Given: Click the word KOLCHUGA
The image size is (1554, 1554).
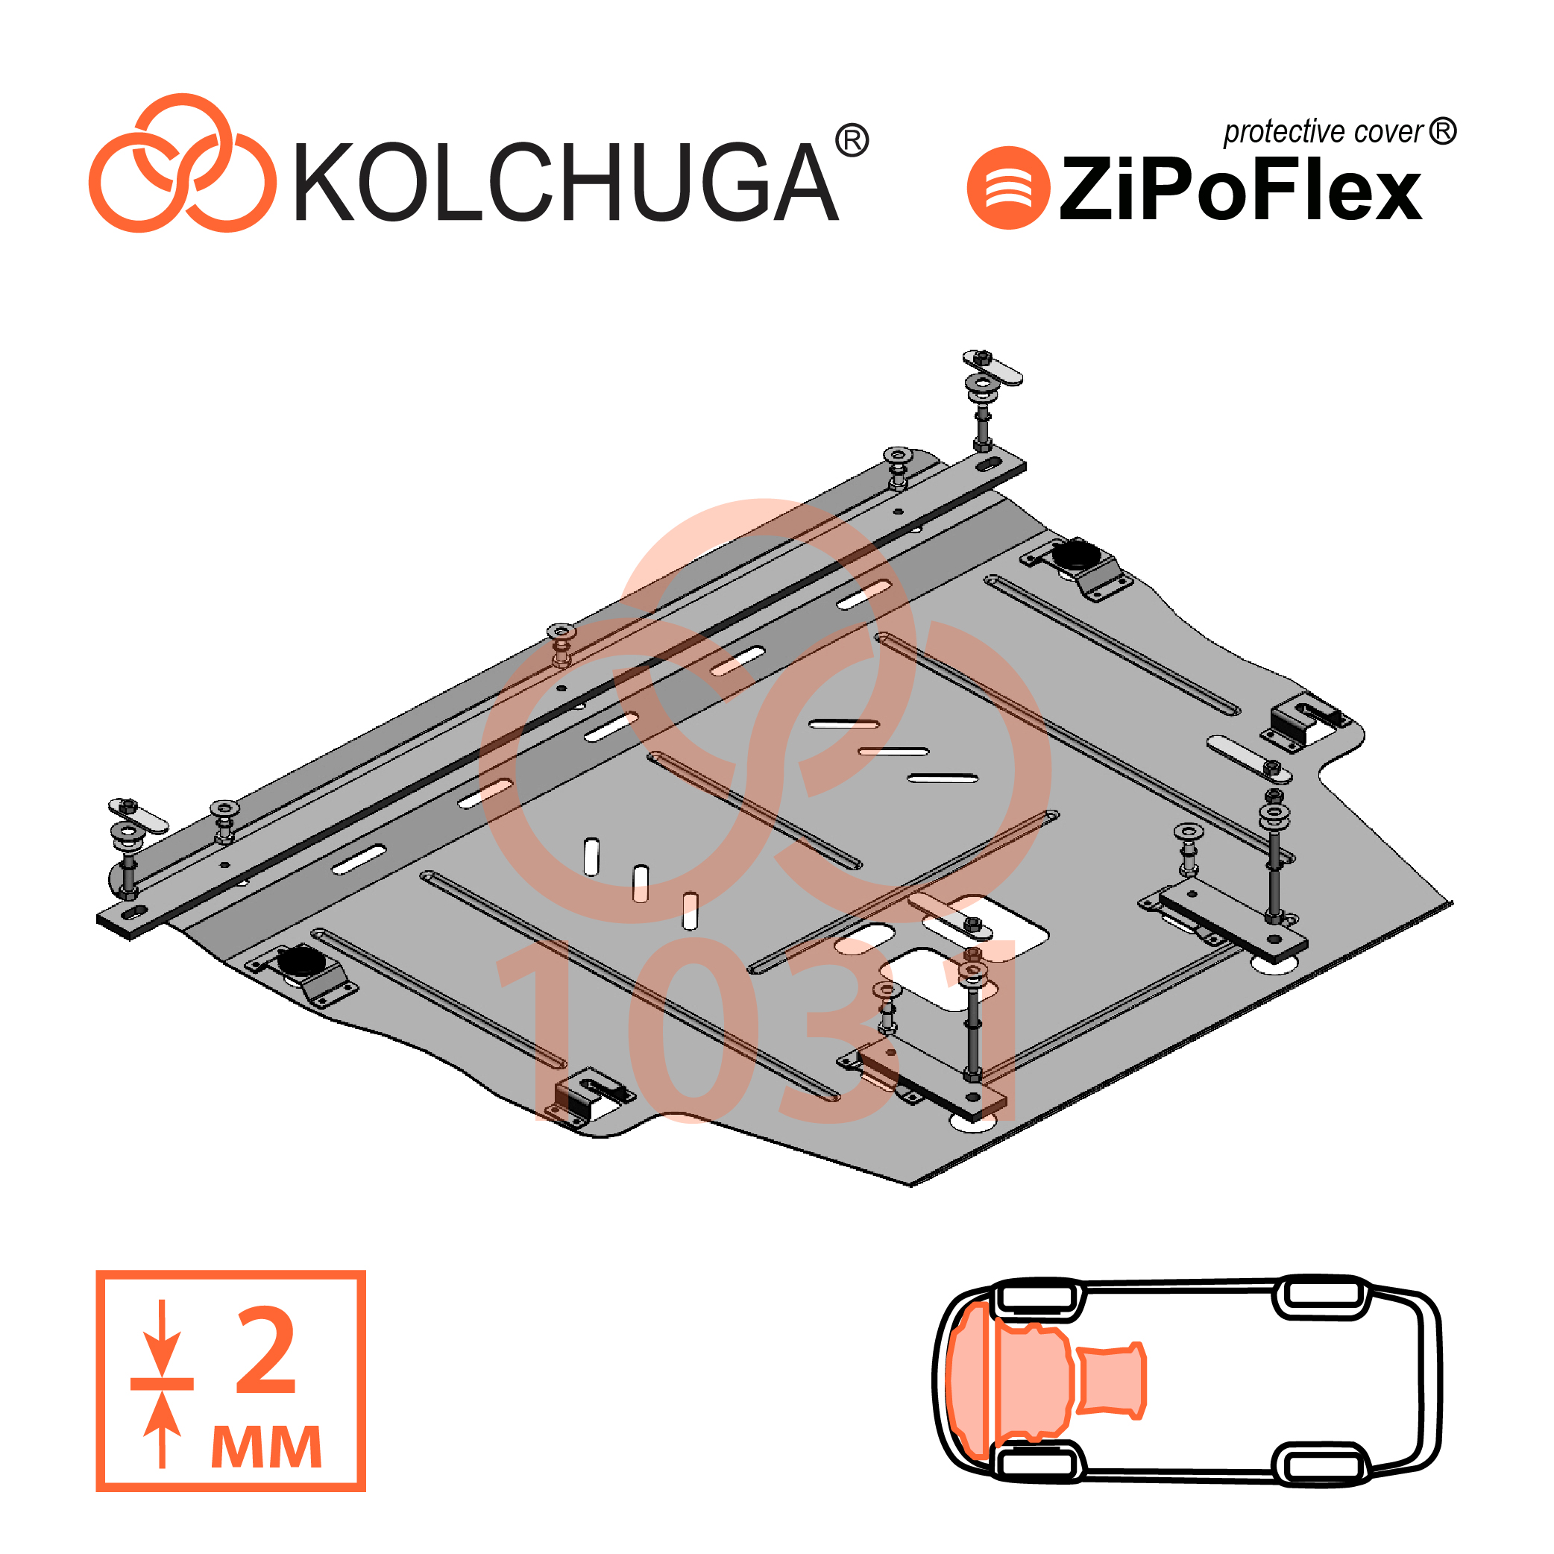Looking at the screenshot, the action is click(x=566, y=182).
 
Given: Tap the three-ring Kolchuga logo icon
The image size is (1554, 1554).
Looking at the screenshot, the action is click(x=182, y=163).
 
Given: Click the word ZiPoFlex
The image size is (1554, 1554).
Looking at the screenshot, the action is click(x=1239, y=188).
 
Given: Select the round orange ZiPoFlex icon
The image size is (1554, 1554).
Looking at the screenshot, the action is click(x=1008, y=187).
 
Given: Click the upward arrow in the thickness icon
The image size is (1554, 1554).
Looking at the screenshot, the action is click(x=163, y=1429).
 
